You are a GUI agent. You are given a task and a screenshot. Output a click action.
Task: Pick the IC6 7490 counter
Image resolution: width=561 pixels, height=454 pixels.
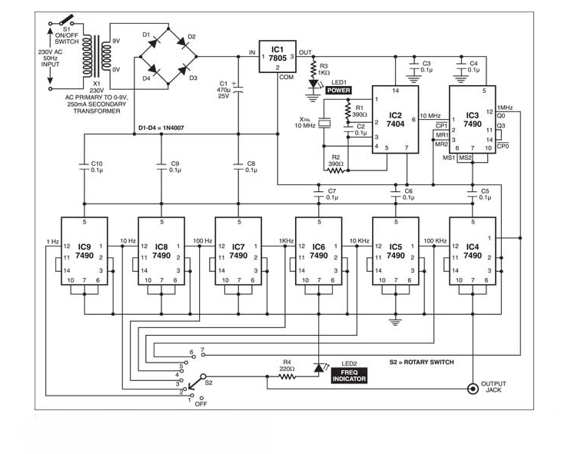tap(318, 250)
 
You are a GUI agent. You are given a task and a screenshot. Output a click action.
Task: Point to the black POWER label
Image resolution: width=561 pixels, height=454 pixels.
tap(338, 91)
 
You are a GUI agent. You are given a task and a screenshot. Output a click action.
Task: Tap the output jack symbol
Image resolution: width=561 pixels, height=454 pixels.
tap(470, 389)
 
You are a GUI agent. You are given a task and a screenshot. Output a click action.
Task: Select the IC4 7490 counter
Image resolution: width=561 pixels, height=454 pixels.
tap(472, 250)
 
